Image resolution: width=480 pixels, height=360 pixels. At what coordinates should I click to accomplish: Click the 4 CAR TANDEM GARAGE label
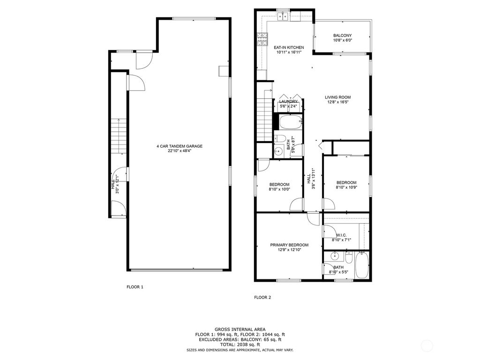[x=179, y=146]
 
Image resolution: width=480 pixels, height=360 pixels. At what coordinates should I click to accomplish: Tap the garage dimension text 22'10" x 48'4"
[x=179, y=151]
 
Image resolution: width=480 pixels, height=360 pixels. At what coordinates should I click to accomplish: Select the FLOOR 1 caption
[x=135, y=286]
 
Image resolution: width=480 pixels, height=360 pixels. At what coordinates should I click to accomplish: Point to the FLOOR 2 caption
[x=262, y=297]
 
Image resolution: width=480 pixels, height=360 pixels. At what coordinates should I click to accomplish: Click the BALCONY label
[x=342, y=36]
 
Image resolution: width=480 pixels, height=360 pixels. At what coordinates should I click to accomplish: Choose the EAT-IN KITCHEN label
[x=289, y=47]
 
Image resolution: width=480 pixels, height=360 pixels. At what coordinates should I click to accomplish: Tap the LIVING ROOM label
[x=337, y=97]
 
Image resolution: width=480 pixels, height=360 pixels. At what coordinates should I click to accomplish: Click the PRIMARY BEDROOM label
[x=289, y=245]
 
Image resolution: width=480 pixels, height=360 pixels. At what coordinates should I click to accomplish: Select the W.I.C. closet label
[x=341, y=235]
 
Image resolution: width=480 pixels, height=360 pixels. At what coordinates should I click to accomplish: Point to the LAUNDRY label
[x=288, y=101]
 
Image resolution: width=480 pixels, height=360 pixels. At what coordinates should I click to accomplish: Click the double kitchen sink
[x=283, y=17]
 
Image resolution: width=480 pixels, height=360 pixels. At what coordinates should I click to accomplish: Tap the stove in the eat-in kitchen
[x=262, y=37]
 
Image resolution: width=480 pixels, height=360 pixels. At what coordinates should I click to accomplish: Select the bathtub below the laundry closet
[x=287, y=123]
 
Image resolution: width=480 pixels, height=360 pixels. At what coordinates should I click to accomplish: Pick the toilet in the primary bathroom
[x=349, y=258]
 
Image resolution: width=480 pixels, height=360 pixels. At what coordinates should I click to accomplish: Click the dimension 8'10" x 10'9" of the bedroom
[x=346, y=187]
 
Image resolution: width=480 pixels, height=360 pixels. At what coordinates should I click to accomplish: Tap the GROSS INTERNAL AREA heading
[x=240, y=330]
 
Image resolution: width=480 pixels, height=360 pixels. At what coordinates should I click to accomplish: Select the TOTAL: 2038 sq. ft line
[x=240, y=344]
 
